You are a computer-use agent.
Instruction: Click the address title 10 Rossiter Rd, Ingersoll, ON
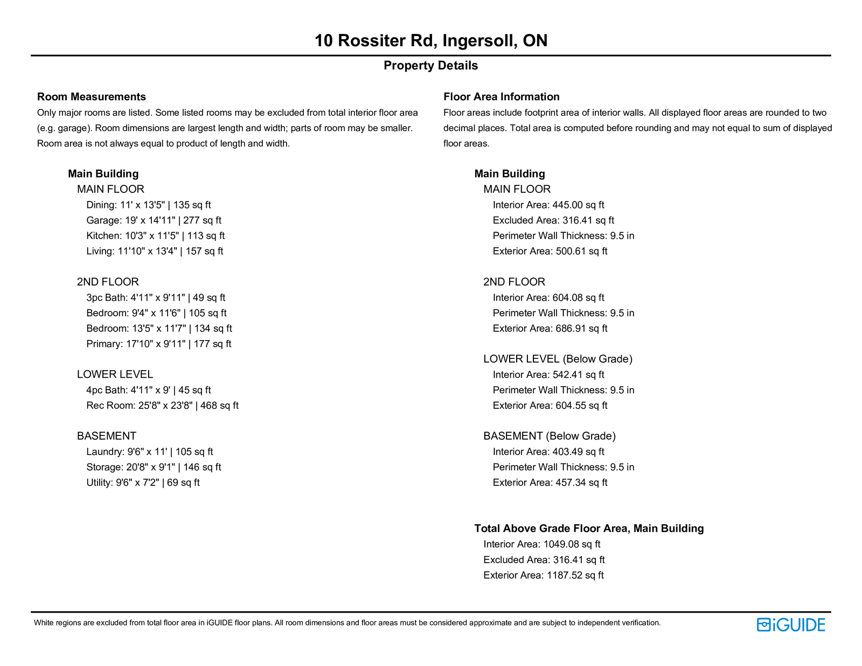coord(430,41)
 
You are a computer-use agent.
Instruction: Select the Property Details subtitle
coord(430,66)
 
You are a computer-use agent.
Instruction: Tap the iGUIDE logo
coord(791,625)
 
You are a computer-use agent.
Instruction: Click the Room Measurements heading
coord(92,97)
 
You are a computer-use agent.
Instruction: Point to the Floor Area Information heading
coord(501,97)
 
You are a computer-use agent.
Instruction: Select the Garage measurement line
coord(154,220)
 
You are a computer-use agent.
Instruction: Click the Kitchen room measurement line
coord(155,236)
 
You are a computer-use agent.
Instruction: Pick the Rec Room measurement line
coord(162,406)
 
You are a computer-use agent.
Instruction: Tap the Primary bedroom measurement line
coord(158,344)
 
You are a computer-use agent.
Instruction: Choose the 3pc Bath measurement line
coord(156,298)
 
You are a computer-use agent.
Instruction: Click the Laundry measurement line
coord(149,452)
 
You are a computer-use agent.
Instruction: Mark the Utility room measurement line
coord(143,483)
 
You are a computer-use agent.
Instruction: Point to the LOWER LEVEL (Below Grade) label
coord(558,359)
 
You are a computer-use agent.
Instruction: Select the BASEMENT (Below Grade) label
coord(550,436)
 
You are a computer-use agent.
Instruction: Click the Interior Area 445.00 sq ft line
coord(548,205)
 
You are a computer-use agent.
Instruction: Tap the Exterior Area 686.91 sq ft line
coord(550,329)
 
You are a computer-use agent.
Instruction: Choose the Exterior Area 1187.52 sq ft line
coord(543,575)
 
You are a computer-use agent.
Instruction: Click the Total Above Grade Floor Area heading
coord(589,529)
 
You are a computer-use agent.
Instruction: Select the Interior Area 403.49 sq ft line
coord(548,452)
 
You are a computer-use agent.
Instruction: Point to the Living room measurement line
coord(155,252)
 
